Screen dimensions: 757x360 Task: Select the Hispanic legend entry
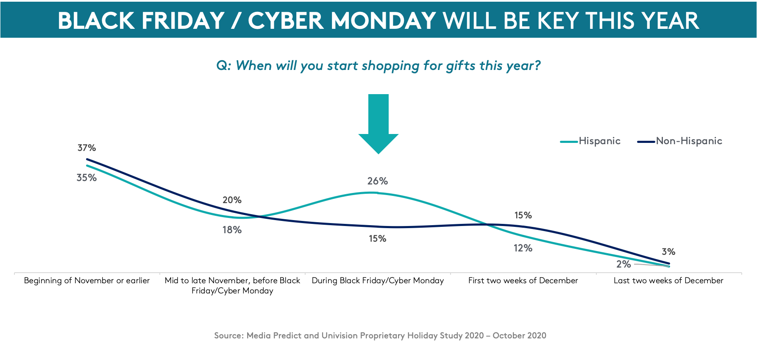pos(590,141)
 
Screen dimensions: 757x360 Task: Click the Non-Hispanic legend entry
pos(679,141)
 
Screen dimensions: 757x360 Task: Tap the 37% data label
pos(86,148)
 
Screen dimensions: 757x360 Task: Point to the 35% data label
pos(86,178)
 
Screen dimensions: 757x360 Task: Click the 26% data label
pos(378,181)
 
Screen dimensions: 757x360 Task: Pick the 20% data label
pos(232,200)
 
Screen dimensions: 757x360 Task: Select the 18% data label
pos(232,230)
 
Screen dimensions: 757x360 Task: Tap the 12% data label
pos(523,248)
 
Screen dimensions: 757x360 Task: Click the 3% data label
pos(668,252)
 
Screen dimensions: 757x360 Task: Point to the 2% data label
pos(623,264)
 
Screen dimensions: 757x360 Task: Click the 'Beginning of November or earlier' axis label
pos(87,281)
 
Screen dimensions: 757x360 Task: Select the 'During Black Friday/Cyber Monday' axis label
pos(378,281)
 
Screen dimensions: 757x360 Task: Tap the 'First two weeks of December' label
pos(523,281)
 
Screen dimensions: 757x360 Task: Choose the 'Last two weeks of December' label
pos(668,281)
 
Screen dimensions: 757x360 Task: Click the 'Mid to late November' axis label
pos(232,285)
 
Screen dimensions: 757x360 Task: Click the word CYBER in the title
pos(285,20)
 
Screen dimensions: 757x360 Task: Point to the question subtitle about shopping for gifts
pos(378,66)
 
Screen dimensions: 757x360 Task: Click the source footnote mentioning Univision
pos(380,335)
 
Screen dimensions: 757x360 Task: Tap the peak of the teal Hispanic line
pos(372,193)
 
